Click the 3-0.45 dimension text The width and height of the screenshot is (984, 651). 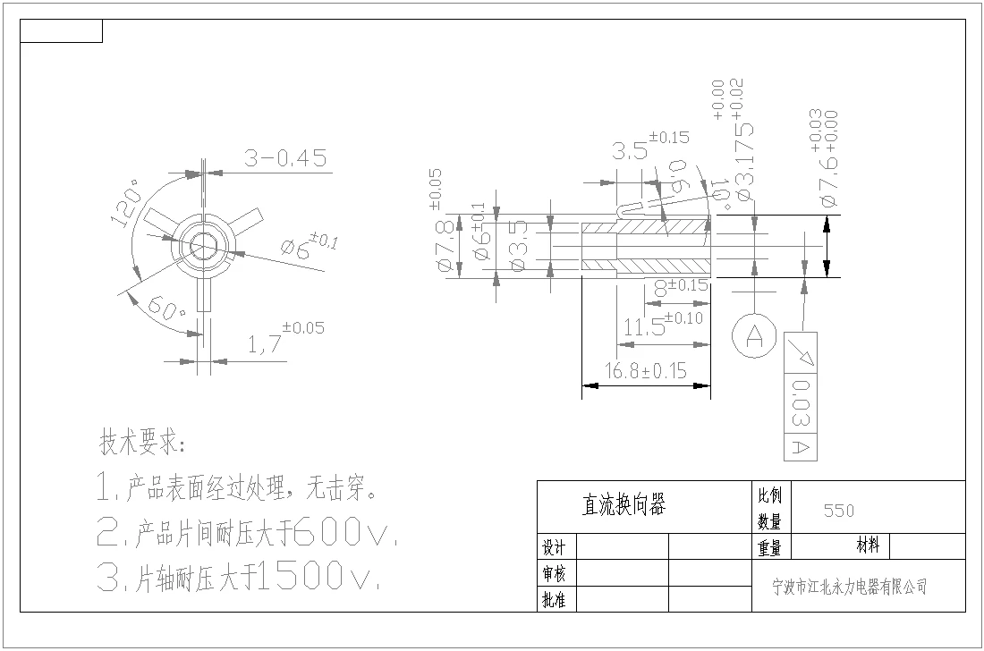[x=285, y=159]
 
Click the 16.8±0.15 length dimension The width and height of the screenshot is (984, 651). [x=646, y=370]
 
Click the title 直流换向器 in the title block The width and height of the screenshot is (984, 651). [x=623, y=506]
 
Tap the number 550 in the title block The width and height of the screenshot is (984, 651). [x=839, y=511]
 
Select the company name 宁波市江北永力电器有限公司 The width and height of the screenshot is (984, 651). [x=849, y=588]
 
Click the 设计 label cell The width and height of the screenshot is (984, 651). [x=554, y=547]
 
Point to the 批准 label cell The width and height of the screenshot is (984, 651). [x=554, y=600]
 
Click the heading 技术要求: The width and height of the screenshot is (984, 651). [x=142, y=443]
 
